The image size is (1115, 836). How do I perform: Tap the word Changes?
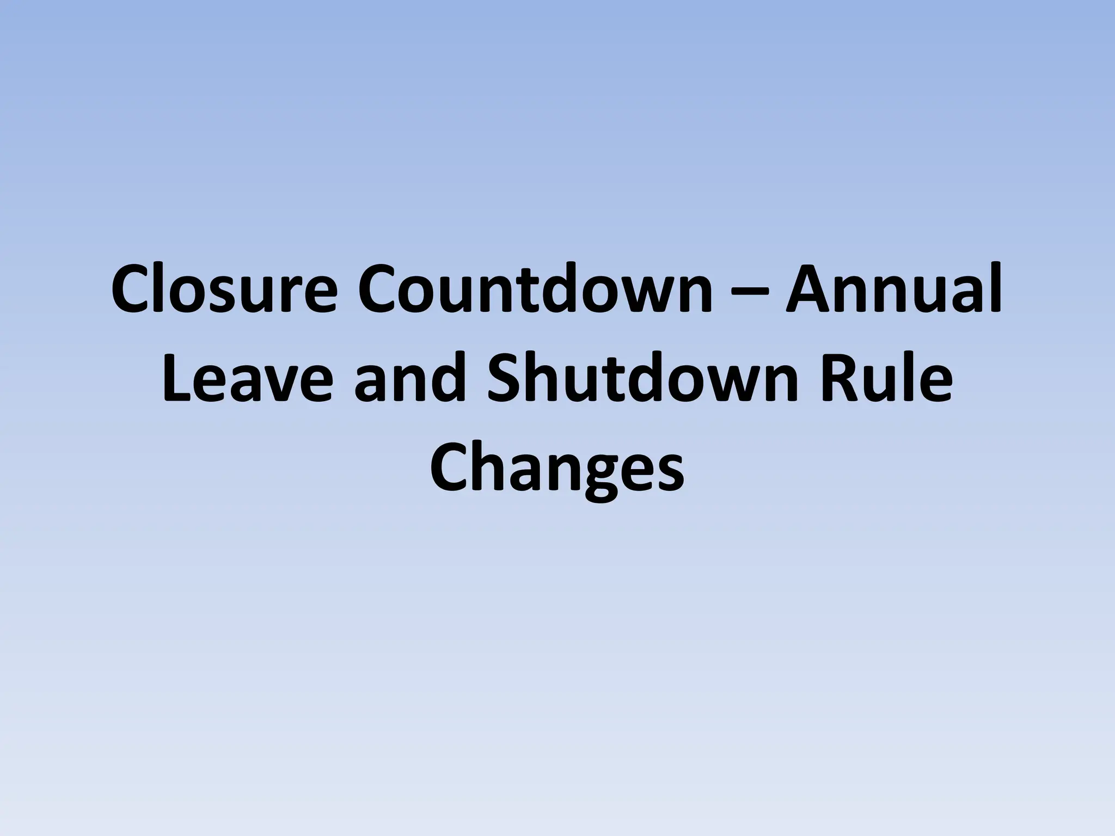pyautogui.click(x=556, y=469)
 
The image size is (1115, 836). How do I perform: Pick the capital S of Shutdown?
pyautogui.click(x=510, y=378)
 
